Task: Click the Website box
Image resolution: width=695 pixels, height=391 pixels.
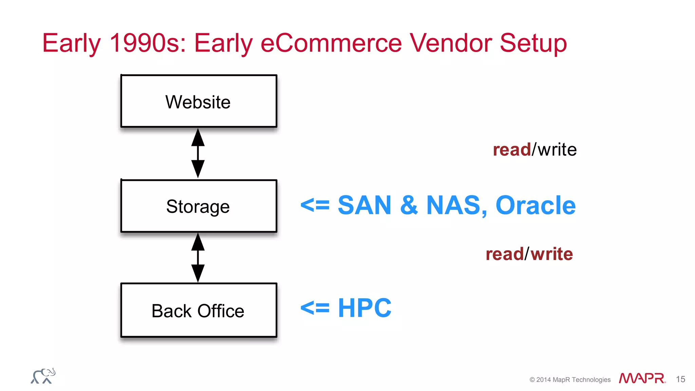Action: [x=199, y=101]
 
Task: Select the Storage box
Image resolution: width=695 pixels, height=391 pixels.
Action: [x=199, y=206]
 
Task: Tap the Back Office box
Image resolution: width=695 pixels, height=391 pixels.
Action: [x=199, y=310]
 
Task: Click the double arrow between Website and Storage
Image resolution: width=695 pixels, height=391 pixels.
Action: [x=198, y=153]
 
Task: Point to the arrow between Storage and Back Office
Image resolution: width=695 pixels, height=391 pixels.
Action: [x=198, y=257]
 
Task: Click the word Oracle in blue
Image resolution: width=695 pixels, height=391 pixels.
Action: [x=535, y=205]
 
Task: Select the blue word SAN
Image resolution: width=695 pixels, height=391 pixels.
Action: [x=364, y=205]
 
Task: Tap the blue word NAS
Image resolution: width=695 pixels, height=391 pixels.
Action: [x=453, y=205]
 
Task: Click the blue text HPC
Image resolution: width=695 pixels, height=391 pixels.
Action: [x=364, y=308]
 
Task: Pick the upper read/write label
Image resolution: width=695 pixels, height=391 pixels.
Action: [x=534, y=150]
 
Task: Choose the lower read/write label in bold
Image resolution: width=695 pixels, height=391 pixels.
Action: [x=529, y=254]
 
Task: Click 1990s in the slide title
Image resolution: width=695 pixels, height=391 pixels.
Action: [x=148, y=43]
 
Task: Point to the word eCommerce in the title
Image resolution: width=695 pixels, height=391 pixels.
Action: [x=331, y=43]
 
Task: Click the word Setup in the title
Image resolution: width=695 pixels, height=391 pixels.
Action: [x=533, y=43]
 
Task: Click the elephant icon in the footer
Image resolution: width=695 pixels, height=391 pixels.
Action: [x=43, y=376]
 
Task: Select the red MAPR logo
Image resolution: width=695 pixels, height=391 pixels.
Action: [x=642, y=378]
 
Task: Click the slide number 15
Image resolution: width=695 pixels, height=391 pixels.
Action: [x=680, y=379]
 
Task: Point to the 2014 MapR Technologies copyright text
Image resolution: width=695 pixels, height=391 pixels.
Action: [x=570, y=379]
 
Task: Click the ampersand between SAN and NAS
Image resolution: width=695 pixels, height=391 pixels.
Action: [x=409, y=205]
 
